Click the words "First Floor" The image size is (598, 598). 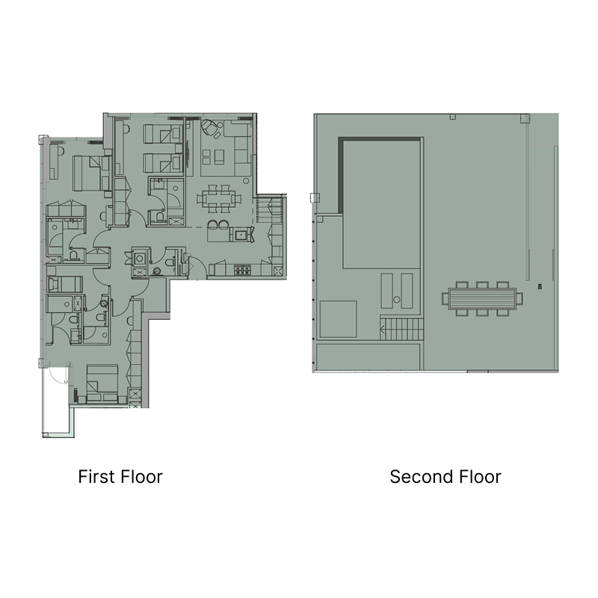[x=120, y=477]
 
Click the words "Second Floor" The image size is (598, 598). [x=445, y=477]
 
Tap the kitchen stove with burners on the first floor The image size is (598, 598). [x=241, y=270]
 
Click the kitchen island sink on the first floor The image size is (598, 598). [x=241, y=235]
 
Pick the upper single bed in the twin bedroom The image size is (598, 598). [x=162, y=134]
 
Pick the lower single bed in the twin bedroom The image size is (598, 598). [x=162, y=163]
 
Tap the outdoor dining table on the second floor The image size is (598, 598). [x=482, y=298]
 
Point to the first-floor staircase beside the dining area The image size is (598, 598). [x=270, y=209]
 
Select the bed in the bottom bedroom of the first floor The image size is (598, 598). [x=102, y=383]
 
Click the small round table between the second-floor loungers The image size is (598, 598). [x=397, y=300]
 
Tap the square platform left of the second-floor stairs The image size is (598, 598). [x=338, y=319]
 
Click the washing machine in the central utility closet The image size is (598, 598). [x=140, y=258]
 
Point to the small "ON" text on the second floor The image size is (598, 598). [x=539, y=286]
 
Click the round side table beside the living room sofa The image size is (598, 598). [x=246, y=181]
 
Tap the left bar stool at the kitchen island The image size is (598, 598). [x=212, y=226]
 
